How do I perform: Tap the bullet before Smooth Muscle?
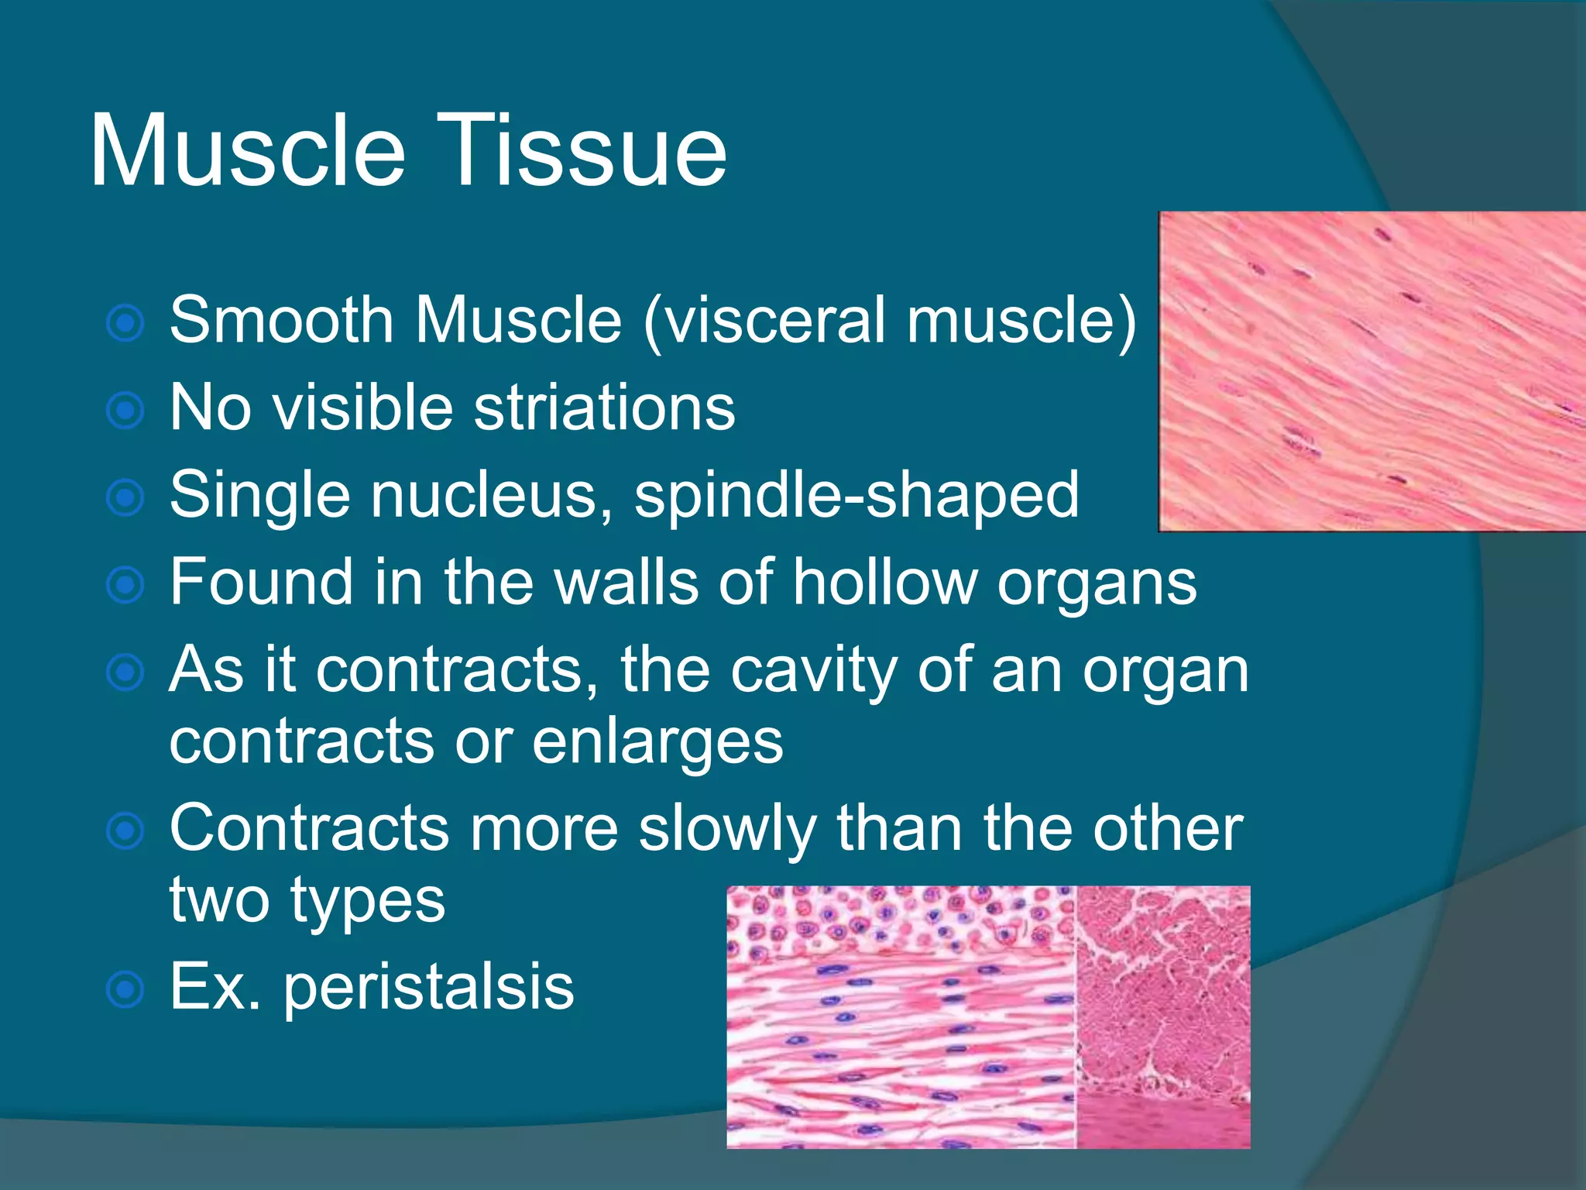[125, 323]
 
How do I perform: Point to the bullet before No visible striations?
[125, 411]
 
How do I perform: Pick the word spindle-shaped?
[857, 497]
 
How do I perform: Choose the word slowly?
[727, 830]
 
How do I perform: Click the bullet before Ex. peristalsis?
[125, 989]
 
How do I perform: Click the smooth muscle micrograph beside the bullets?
[1371, 372]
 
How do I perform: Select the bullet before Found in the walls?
[125, 585]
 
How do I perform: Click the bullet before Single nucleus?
[125, 497]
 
